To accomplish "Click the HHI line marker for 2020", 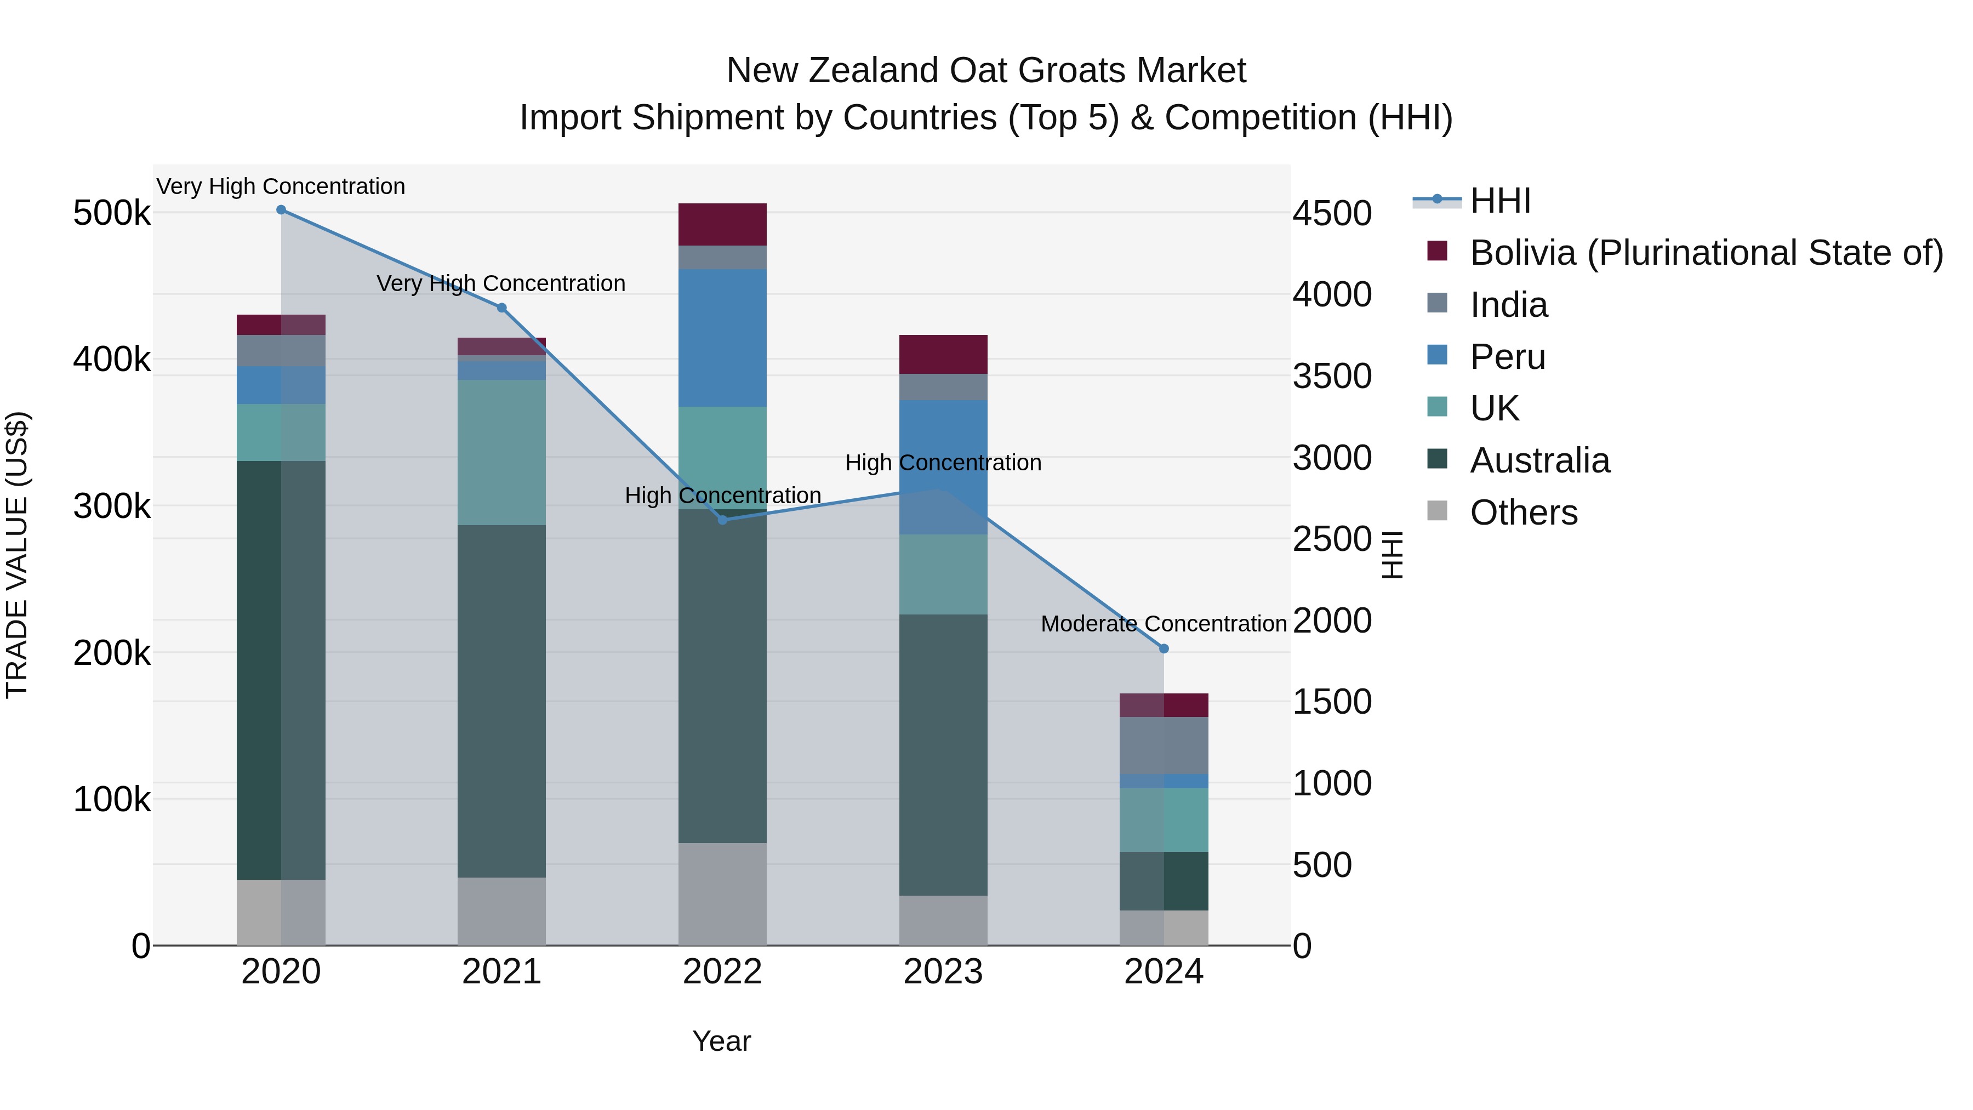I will click(281, 210).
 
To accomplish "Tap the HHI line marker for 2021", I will click(501, 308).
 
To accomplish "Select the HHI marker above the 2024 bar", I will click(1164, 649).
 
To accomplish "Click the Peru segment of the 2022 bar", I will click(722, 337).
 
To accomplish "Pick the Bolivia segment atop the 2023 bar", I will click(943, 354).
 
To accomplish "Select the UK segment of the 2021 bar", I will click(501, 452).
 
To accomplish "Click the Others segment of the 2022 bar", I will click(722, 893).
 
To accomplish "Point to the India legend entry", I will click(1508, 305).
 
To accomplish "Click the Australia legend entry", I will click(1539, 460).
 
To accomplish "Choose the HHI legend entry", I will click(1499, 201).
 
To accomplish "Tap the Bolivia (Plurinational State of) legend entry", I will click(1706, 253).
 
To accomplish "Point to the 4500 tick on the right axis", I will click(1332, 213).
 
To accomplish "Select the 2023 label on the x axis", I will click(943, 972).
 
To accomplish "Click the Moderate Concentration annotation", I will click(1164, 624).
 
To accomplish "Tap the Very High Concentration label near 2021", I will click(501, 283).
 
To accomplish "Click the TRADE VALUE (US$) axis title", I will click(17, 555).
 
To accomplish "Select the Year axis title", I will click(721, 1041).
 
